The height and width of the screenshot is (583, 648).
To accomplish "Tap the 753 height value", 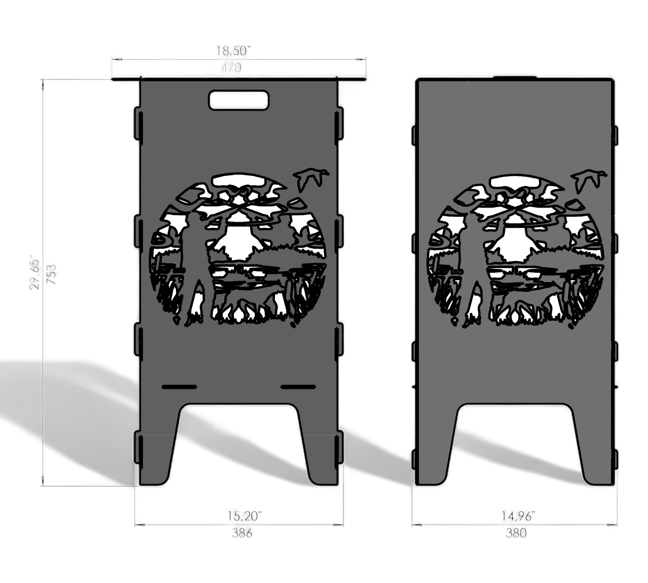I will click(52, 274).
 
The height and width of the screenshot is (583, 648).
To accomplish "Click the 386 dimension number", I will click(242, 533).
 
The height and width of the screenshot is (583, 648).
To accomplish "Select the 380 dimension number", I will click(516, 533).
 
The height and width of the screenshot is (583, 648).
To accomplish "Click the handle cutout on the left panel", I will click(239, 100).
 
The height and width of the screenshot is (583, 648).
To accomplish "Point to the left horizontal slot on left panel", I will click(179, 387).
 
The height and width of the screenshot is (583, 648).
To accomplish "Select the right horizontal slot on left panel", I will click(298, 387).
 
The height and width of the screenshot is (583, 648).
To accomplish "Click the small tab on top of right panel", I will click(515, 77).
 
